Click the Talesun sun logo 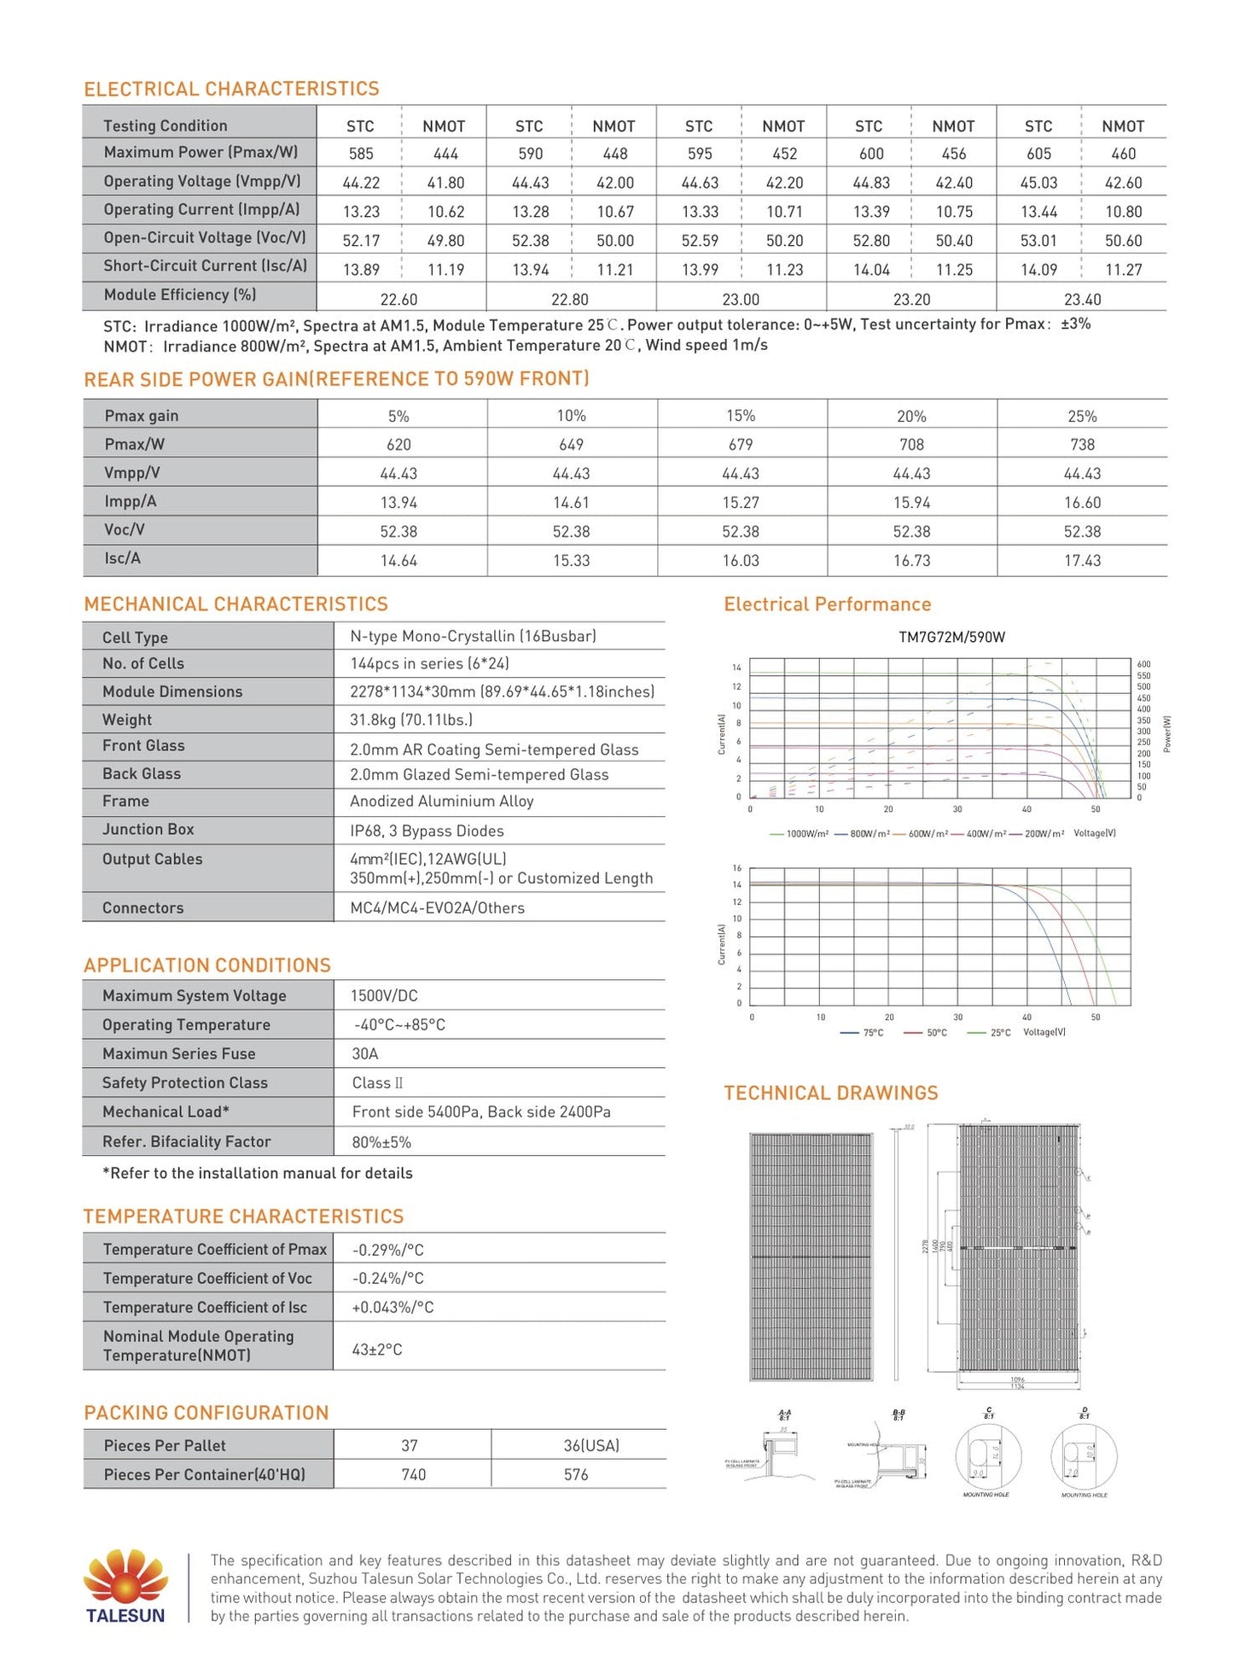click(125, 1576)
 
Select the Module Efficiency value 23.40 click(1082, 299)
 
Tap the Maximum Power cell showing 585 click(361, 154)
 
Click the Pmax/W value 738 click(1082, 444)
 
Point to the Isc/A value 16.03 click(741, 560)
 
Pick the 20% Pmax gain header click(911, 416)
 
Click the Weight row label click(127, 720)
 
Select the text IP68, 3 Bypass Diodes click(427, 831)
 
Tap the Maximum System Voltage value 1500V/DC click(384, 995)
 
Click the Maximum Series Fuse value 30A click(365, 1053)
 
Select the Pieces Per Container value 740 click(413, 1474)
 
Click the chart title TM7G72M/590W click(951, 637)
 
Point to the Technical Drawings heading click(830, 1093)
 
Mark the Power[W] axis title click(1167, 733)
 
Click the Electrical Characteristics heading click(231, 89)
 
